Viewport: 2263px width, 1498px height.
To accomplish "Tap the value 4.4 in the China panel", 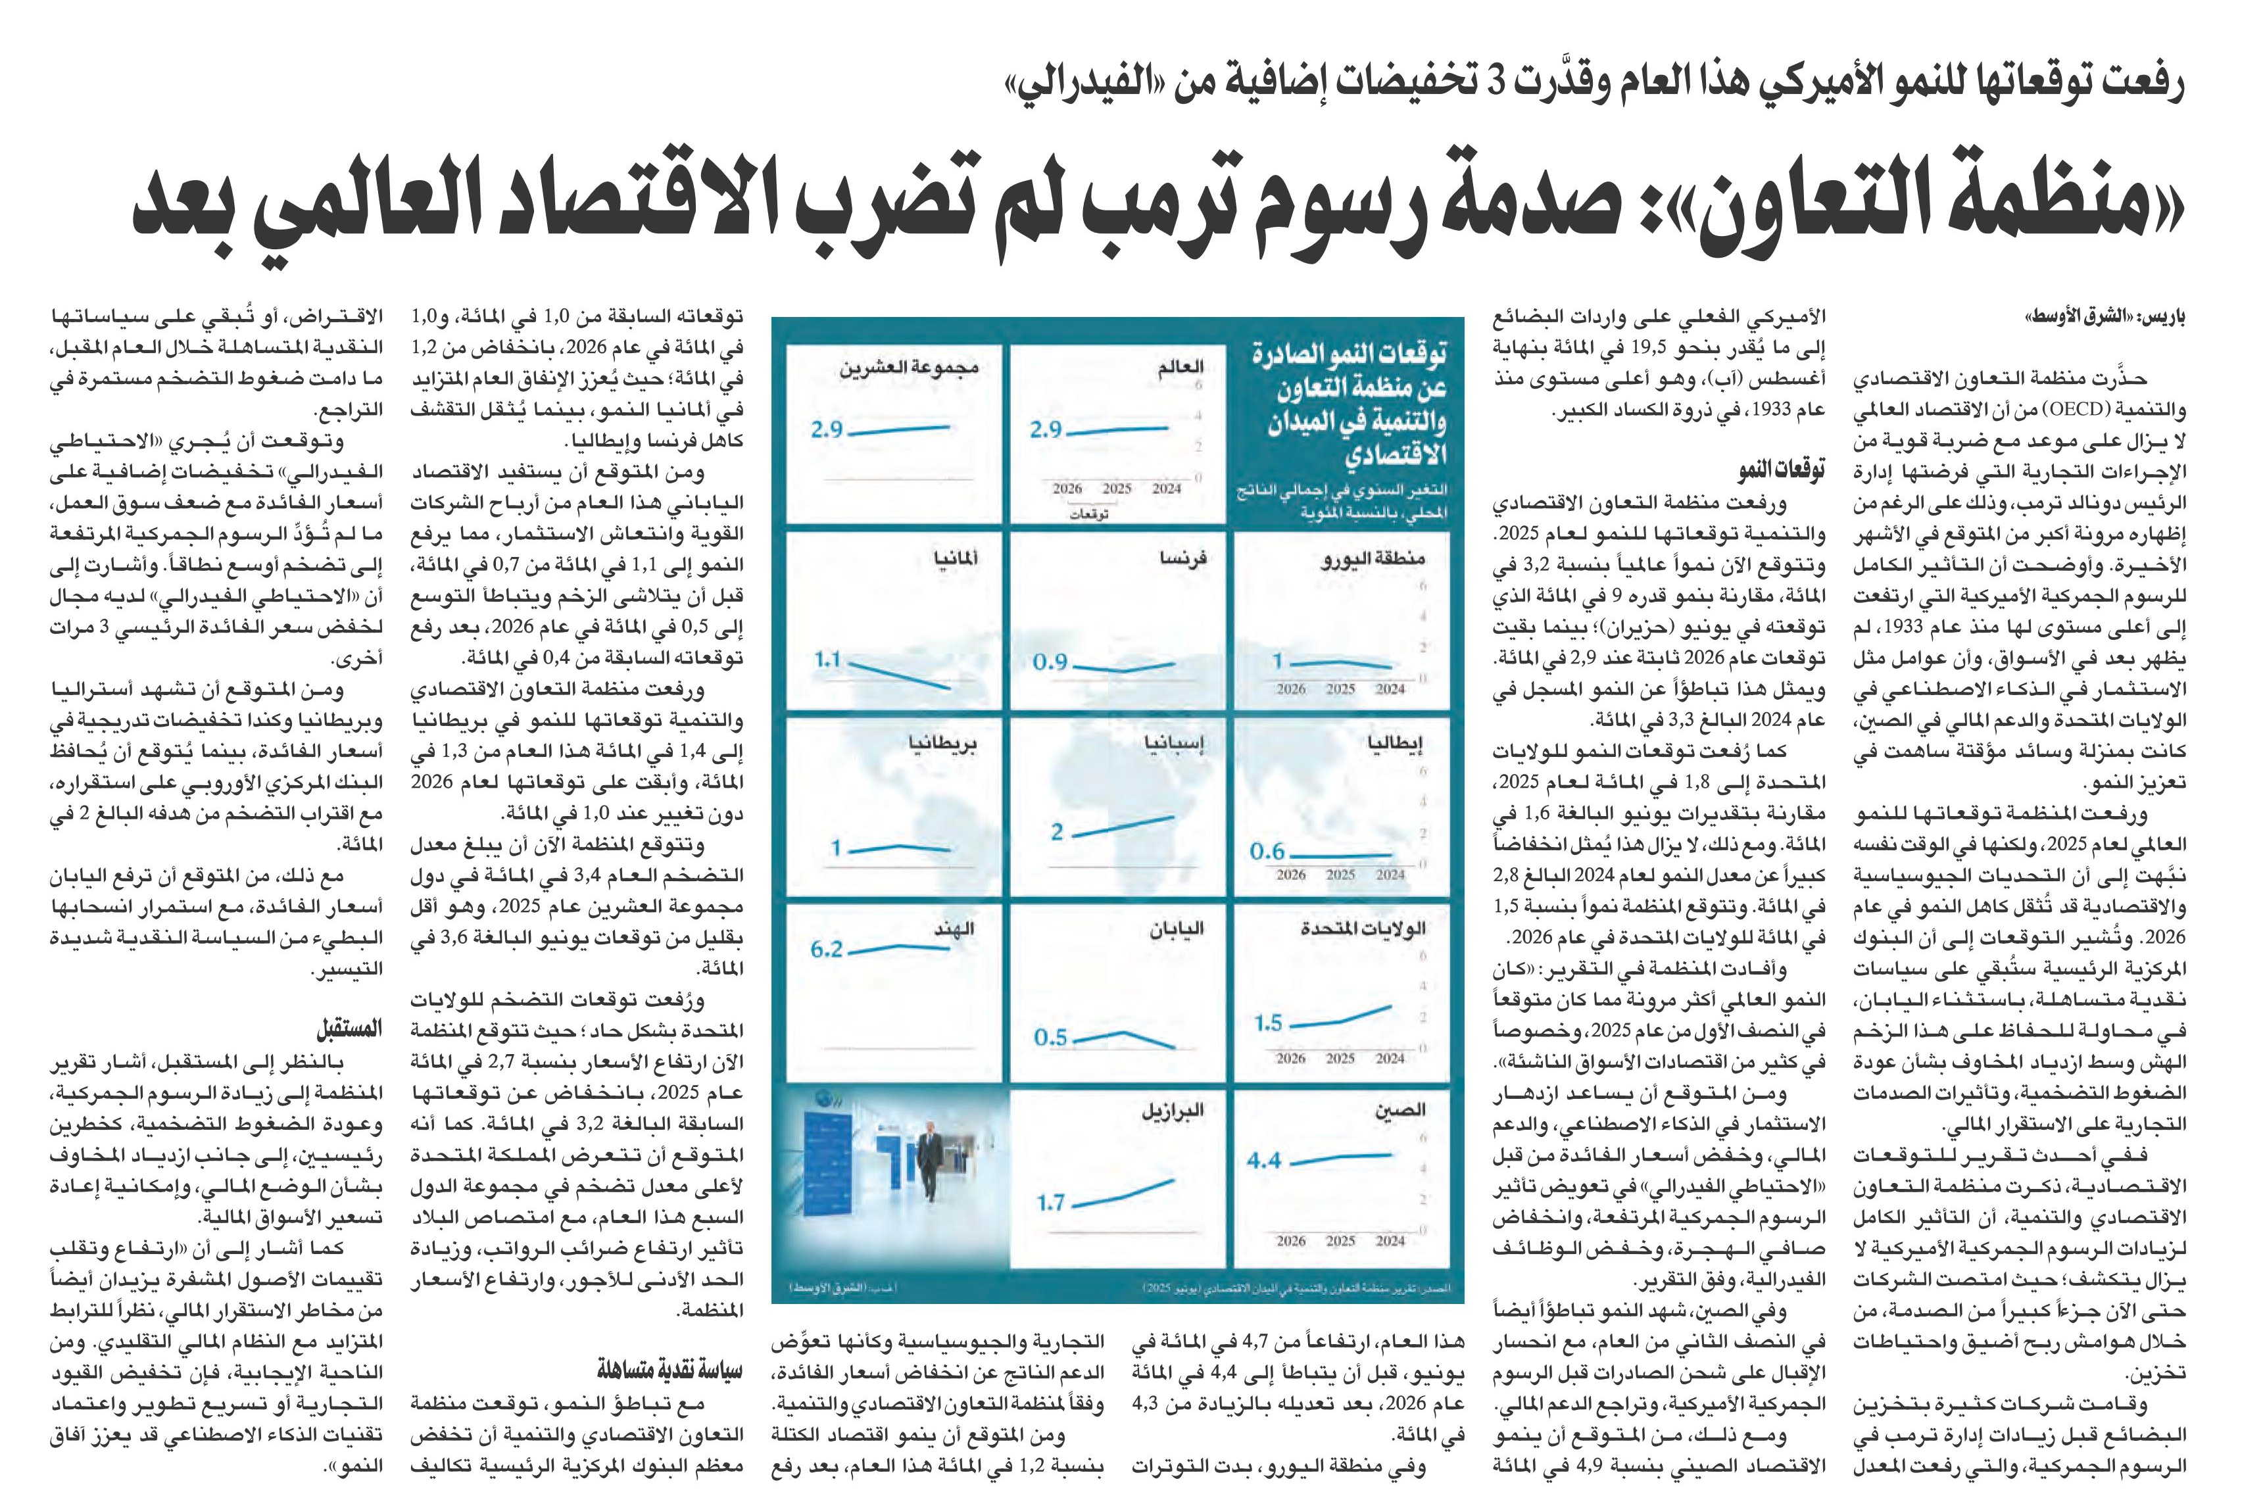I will point(1264,1161).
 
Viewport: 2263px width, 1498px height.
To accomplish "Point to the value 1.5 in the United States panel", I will point(1269,1023).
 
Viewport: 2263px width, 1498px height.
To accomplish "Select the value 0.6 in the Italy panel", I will point(1267,850).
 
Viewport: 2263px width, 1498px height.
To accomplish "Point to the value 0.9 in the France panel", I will point(1050,662).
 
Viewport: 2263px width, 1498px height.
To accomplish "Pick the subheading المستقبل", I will point(350,1029).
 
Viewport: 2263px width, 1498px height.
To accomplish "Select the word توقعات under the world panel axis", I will point(1089,514).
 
